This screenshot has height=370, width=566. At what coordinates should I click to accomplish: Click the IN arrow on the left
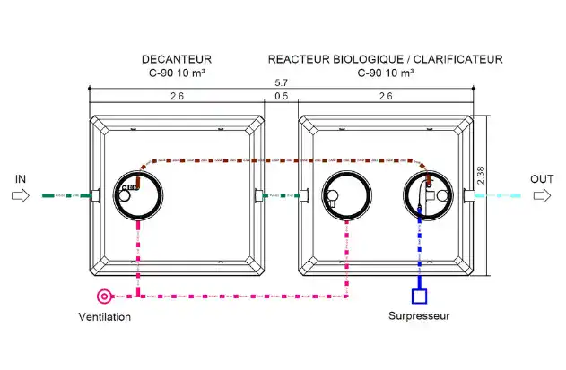(21, 196)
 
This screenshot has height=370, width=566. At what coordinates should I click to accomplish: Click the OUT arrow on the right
(542, 196)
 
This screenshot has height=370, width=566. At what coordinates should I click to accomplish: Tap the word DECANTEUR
(177, 59)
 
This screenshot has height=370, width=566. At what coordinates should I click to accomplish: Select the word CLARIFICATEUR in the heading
(458, 59)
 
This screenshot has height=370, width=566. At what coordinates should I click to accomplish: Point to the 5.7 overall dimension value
(281, 82)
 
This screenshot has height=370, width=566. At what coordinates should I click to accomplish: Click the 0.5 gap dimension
(281, 96)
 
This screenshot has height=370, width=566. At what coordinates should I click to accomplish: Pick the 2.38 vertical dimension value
(481, 176)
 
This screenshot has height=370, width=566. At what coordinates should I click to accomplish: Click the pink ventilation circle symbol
(104, 297)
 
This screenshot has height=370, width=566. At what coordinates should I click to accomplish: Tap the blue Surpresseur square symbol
(420, 297)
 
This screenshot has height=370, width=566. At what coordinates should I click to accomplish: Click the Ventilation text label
(105, 317)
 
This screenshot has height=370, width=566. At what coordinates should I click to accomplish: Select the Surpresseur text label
(419, 316)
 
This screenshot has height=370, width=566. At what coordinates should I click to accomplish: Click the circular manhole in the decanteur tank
(138, 171)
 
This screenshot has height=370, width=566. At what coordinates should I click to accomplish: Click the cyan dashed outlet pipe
(498, 196)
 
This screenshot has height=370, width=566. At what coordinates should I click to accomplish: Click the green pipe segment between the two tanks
(281, 196)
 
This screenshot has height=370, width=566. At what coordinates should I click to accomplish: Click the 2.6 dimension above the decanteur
(177, 96)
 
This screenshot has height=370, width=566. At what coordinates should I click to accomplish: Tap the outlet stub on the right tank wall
(469, 196)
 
